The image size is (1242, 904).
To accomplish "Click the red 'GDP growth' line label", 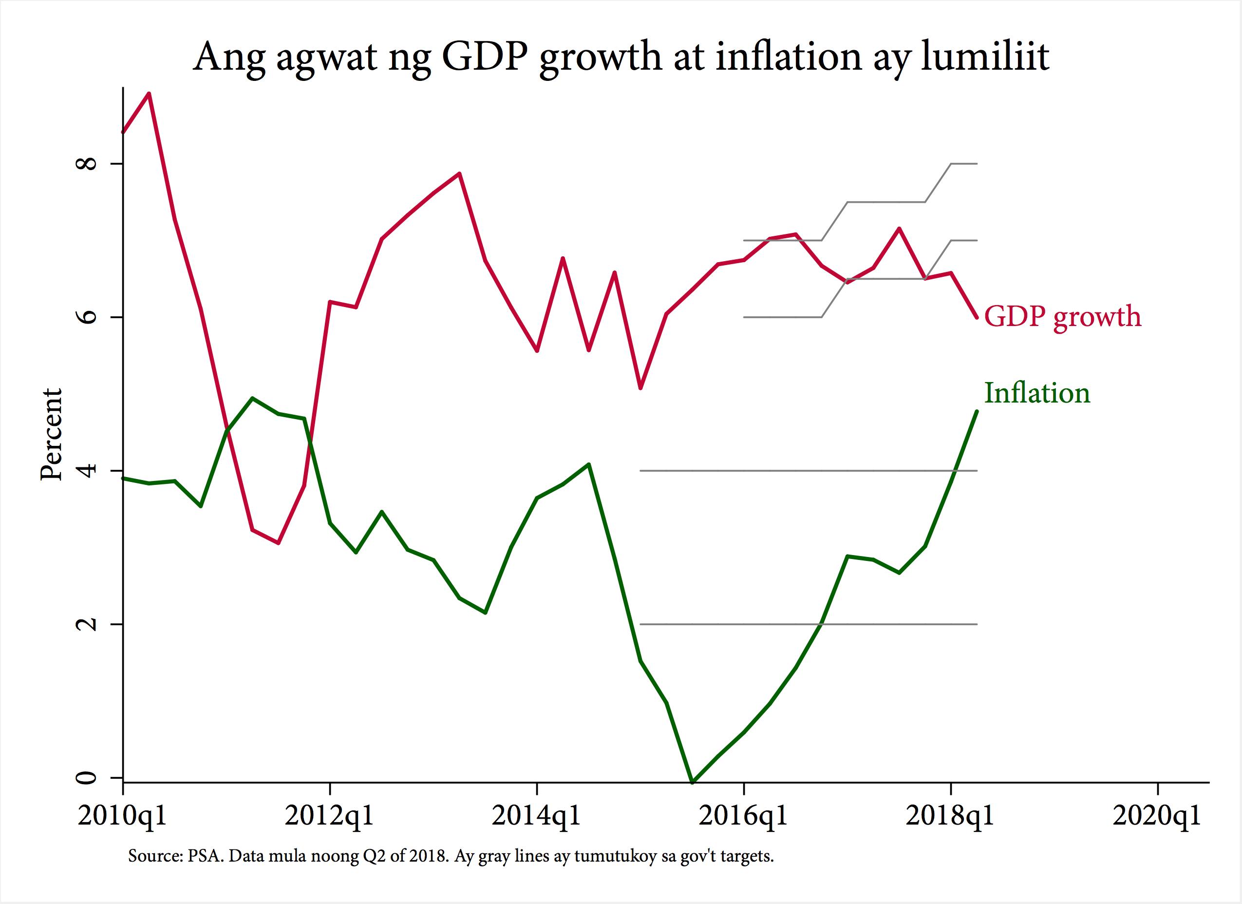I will pyautogui.click(x=1062, y=316).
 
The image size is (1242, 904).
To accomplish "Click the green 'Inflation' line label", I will pyautogui.click(x=1036, y=393).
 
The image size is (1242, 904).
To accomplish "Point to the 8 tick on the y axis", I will pyautogui.click(x=87, y=163).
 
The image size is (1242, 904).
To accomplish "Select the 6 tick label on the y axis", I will pyautogui.click(x=87, y=317).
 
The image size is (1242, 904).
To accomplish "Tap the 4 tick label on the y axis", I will pyautogui.click(x=87, y=470).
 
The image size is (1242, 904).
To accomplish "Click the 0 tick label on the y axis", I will pyautogui.click(x=87, y=777).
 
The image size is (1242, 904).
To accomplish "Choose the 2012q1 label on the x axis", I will pyautogui.click(x=329, y=816).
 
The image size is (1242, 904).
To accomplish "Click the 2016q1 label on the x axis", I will pyautogui.click(x=743, y=816).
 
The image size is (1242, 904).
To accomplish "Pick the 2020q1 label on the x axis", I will pyautogui.click(x=1157, y=816).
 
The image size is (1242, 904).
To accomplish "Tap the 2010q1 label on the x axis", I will pyautogui.click(x=122, y=816).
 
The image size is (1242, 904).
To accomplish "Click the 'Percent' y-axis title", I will pyautogui.click(x=52, y=435).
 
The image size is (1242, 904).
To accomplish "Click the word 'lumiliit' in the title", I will pyautogui.click(x=984, y=57).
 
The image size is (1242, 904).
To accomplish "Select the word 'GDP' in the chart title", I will pyautogui.click(x=485, y=57).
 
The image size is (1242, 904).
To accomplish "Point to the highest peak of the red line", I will pyautogui.click(x=149, y=94).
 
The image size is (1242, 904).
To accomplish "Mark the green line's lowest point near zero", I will pyautogui.click(x=692, y=782).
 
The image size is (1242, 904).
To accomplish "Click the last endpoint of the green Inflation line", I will pyautogui.click(x=977, y=411).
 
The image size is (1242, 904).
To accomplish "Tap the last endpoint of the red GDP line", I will pyautogui.click(x=977, y=317).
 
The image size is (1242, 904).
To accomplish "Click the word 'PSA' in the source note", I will pyautogui.click(x=205, y=856).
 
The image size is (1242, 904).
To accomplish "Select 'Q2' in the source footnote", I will pyautogui.click(x=374, y=856).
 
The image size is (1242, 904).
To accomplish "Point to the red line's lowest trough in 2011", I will pyautogui.click(x=278, y=543).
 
